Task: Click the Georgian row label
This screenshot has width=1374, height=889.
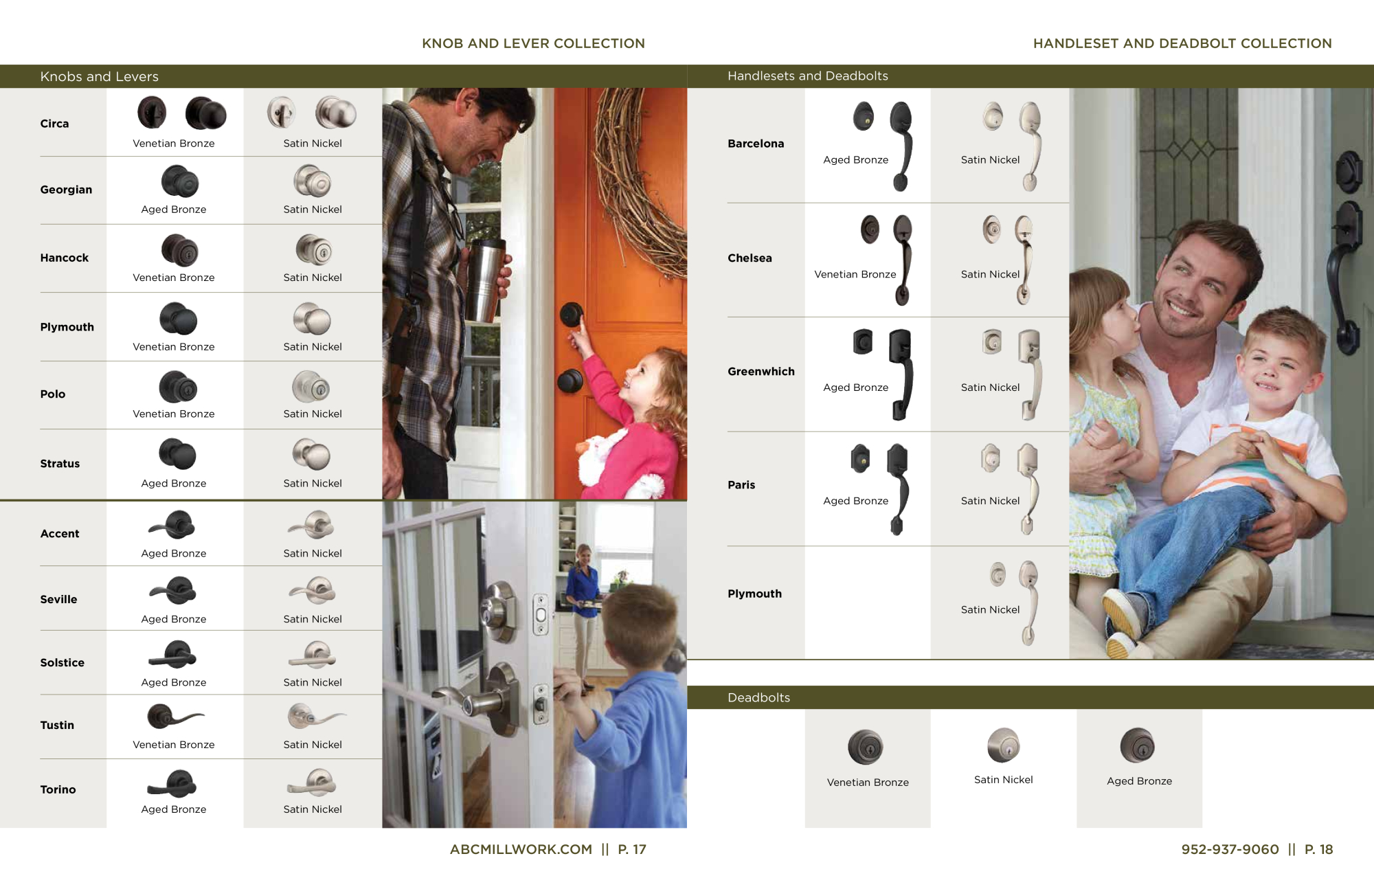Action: (66, 190)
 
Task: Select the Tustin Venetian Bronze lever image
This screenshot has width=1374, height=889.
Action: (175, 717)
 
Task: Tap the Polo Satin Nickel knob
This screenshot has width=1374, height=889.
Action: (311, 387)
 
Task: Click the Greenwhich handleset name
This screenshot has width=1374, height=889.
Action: (761, 372)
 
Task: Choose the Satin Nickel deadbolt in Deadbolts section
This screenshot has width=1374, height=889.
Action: (1004, 745)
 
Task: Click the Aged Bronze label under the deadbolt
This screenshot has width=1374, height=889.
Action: (1139, 781)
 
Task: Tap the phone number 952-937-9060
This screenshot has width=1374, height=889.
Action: (1230, 849)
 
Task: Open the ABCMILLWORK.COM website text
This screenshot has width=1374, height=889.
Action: (521, 849)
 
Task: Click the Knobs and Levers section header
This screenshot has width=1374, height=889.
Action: (99, 76)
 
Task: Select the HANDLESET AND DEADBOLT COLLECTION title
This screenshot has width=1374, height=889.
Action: (1182, 43)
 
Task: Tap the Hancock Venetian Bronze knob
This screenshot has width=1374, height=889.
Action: (180, 250)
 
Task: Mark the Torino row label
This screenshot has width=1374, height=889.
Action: (58, 790)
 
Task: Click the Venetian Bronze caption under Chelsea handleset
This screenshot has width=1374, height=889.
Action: (855, 274)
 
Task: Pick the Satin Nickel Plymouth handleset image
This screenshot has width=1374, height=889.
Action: (1015, 603)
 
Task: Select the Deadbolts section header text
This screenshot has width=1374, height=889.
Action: (758, 697)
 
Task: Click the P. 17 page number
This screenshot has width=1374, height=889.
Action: (632, 849)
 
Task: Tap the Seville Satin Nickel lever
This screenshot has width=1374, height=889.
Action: (313, 589)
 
